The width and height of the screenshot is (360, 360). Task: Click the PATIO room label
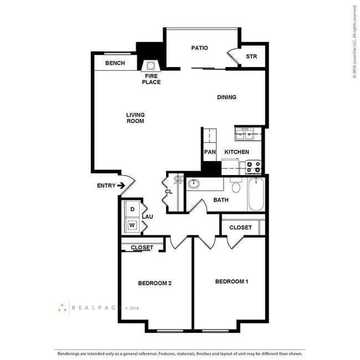[199, 48]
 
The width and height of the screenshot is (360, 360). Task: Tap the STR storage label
[251, 56]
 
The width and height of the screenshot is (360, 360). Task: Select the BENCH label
[115, 63]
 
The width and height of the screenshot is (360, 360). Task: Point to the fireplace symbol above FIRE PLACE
[151, 64]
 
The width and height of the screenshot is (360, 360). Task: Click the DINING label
[227, 97]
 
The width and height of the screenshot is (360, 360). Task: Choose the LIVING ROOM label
[135, 118]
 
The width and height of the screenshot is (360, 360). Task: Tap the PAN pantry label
[209, 152]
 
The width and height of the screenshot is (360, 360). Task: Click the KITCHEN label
[236, 152]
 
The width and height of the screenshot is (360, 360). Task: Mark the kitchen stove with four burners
[253, 165]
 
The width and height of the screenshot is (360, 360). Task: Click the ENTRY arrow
[121, 186]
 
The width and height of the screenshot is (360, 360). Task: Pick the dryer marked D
[132, 209]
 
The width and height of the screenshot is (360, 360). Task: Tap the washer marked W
[132, 225]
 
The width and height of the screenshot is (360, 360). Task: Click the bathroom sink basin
[194, 184]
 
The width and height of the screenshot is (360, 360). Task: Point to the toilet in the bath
[236, 187]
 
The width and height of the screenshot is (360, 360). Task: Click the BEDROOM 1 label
[231, 282]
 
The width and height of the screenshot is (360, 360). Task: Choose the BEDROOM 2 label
[155, 284]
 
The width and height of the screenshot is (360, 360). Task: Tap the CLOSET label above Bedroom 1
[240, 228]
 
